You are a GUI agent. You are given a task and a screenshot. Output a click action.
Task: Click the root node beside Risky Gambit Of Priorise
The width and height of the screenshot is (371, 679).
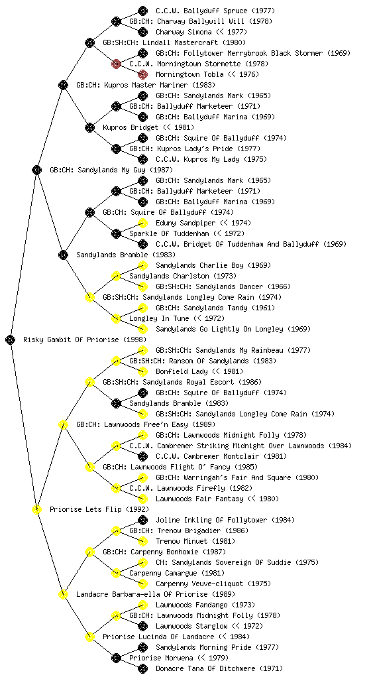point(11,339)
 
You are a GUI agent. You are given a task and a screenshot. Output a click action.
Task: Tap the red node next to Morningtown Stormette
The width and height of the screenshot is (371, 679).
point(116,64)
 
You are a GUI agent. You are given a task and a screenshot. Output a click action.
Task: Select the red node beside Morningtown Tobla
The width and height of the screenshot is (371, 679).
point(142,74)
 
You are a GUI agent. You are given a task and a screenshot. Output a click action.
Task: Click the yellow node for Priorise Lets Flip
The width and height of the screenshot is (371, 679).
point(36,509)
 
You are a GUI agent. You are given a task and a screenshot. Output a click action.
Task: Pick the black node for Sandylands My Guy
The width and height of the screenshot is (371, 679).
point(36,170)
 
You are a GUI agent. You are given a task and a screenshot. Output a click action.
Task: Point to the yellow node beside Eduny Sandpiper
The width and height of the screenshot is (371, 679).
point(142,223)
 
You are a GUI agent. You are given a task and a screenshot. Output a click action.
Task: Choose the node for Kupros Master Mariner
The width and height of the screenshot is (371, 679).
point(63,85)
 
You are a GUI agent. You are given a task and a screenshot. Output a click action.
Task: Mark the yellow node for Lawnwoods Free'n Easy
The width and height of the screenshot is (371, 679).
point(63,424)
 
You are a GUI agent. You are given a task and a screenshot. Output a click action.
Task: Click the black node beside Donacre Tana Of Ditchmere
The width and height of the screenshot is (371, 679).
point(142,668)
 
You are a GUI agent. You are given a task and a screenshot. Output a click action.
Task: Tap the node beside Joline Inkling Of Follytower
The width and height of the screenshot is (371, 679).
point(142,520)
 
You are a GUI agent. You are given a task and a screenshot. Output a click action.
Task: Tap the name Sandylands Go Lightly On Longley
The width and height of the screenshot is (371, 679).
point(220,329)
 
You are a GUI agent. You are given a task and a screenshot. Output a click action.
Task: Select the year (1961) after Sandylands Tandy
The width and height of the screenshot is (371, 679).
point(263,308)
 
